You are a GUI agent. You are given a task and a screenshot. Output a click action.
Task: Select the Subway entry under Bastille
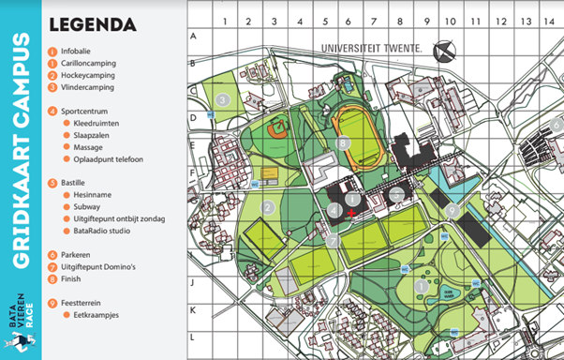coord(88,206)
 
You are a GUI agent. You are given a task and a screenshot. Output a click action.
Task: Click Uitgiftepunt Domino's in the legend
coord(104,266)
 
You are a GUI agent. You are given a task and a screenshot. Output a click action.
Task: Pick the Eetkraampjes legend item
coord(98,315)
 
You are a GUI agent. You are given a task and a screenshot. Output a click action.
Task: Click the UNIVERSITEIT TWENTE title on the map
coord(371,47)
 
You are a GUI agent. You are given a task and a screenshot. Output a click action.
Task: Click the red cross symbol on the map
coord(349,215)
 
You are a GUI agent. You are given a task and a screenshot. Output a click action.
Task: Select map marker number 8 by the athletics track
coord(344,143)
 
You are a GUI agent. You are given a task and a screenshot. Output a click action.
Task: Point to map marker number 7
coord(332,240)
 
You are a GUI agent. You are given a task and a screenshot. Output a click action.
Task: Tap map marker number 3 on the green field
coord(222,98)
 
